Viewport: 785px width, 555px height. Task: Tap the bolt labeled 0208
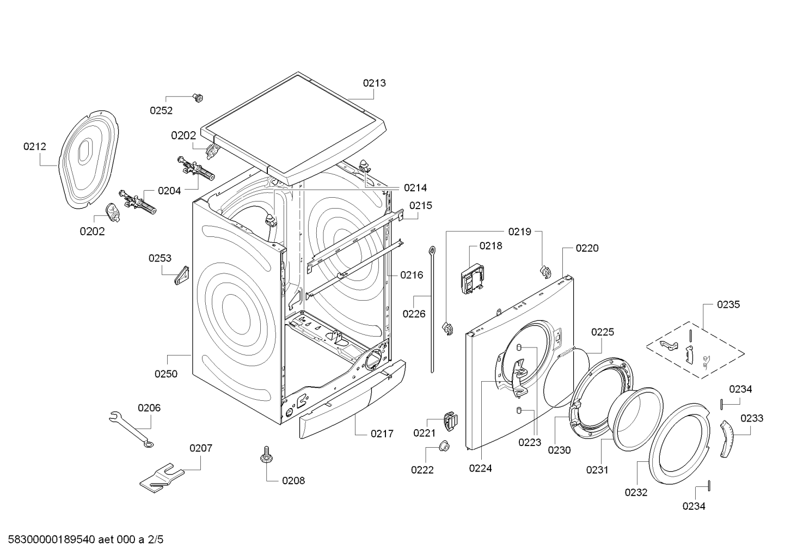[x=267, y=455]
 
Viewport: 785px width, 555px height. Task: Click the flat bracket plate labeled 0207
[x=161, y=476]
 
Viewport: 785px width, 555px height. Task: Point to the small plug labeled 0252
[x=198, y=97]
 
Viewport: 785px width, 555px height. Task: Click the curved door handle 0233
[x=727, y=439]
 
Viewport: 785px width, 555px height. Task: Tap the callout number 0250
[x=165, y=374]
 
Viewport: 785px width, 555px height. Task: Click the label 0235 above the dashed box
[x=728, y=304]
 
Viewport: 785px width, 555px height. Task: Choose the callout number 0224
[x=480, y=468]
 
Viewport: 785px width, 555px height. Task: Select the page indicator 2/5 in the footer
[x=155, y=540]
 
